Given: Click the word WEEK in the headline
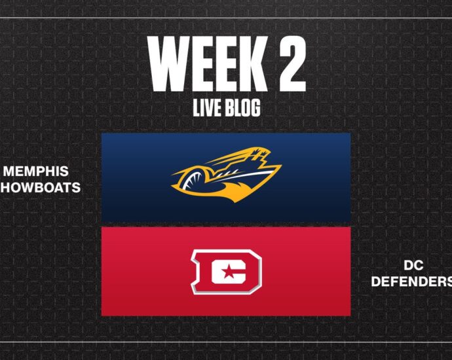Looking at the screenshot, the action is click(x=204, y=64).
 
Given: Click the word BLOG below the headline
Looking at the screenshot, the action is click(x=243, y=108).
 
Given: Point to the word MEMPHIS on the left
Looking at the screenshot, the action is click(x=36, y=171).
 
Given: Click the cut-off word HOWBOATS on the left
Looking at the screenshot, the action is click(x=41, y=188).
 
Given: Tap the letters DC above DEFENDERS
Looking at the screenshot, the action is click(x=413, y=266).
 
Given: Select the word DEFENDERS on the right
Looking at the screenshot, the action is click(x=411, y=281).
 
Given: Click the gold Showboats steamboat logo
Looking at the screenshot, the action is click(x=226, y=175).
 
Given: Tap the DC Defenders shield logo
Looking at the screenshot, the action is click(x=226, y=272).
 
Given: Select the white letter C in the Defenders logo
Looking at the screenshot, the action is click(x=229, y=272).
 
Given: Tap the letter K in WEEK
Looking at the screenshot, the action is click(x=247, y=64).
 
